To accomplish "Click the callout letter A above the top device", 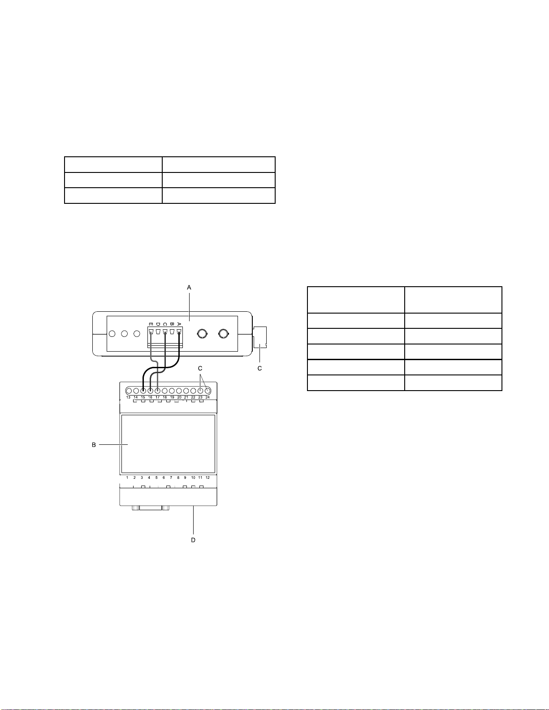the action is (x=189, y=288).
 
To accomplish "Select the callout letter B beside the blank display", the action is (x=94, y=445).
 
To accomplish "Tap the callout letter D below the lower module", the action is (x=193, y=540).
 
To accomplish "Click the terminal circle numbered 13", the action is (x=129, y=391).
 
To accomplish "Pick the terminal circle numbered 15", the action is (x=143, y=391).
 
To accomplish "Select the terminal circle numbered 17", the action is (x=157, y=391).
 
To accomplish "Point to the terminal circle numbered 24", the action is (x=207, y=391).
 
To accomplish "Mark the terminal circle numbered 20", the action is (x=179, y=391).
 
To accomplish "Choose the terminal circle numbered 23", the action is (x=200, y=391).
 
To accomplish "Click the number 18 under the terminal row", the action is (x=165, y=397).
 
